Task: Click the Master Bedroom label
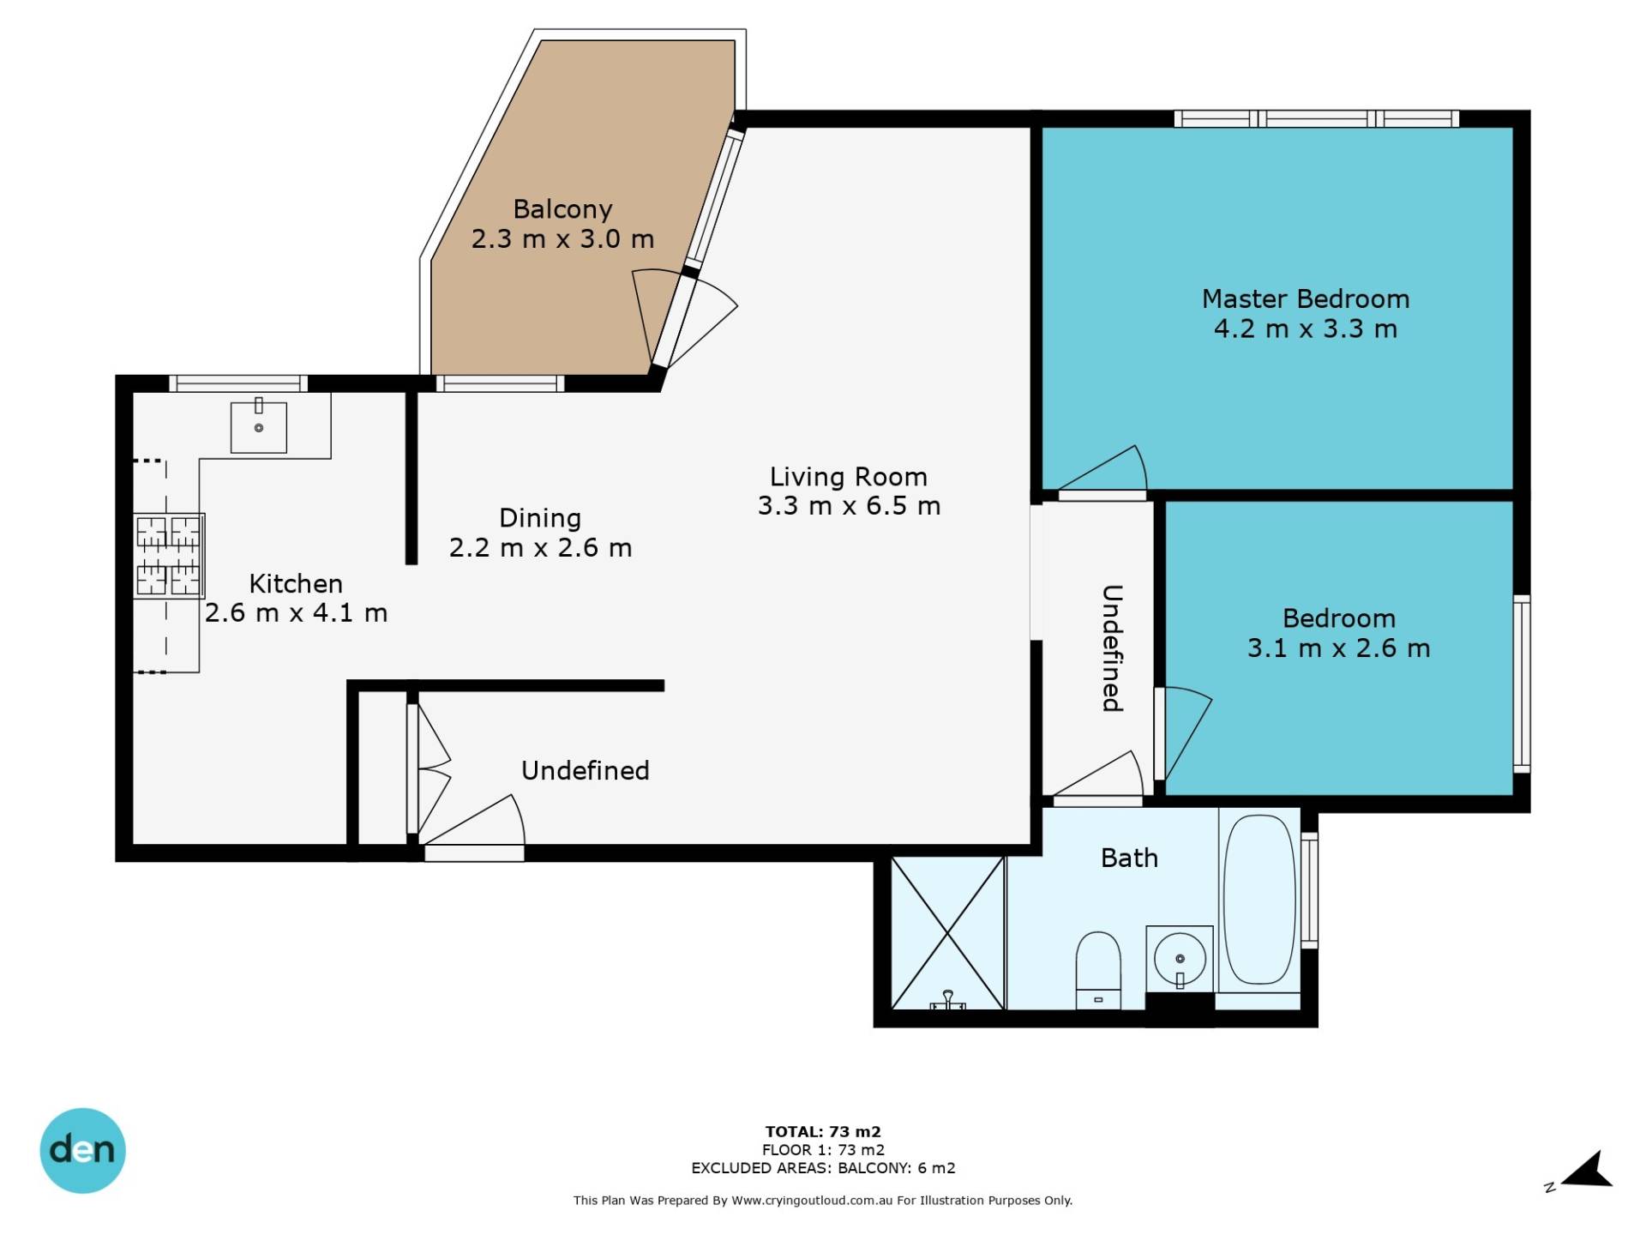click(1305, 298)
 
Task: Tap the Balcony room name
click(562, 209)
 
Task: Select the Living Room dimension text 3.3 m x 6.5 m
click(849, 506)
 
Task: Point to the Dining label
click(540, 518)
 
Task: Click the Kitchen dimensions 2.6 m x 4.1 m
click(296, 613)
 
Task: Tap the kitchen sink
click(258, 426)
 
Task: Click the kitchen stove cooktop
click(169, 556)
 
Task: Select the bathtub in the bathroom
click(1259, 899)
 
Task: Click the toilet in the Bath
click(1098, 971)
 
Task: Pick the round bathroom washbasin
click(1180, 959)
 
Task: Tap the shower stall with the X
click(947, 933)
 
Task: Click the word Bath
click(1129, 858)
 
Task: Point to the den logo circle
click(82, 1150)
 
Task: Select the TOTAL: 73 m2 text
click(823, 1131)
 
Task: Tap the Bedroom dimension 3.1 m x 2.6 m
click(1338, 648)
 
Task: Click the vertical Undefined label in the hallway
click(1112, 648)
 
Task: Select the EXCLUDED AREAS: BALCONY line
click(823, 1167)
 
